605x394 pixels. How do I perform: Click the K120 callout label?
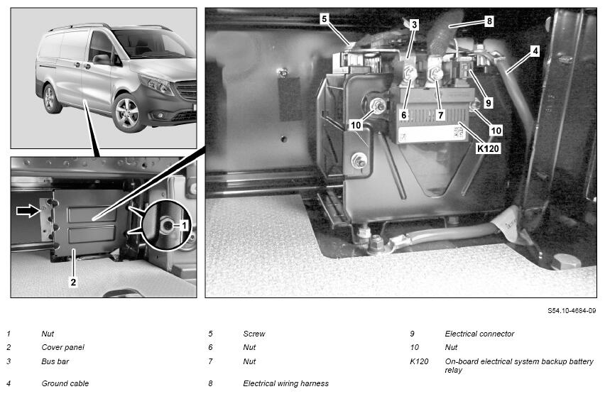(488, 148)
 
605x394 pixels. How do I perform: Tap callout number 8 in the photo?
(489, 21)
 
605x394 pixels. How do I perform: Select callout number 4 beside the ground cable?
(535, 50)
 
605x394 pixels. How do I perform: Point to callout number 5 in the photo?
(324, 18)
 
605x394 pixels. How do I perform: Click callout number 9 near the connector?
(489, 103)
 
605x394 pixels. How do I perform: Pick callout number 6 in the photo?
(403, 114)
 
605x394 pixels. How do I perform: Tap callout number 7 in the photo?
(441, 114)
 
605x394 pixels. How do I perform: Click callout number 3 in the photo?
(414, 25)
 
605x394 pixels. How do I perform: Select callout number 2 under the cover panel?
(73, 282)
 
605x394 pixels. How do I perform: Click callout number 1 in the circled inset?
(184, 225)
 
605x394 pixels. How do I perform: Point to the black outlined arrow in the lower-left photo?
(28, 211)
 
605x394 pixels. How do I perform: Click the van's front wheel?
(127, 113)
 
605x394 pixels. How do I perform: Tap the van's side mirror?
(102, 59)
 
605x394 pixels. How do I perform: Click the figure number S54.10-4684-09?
(572, 311)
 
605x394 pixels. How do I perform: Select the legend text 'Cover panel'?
(62, 347)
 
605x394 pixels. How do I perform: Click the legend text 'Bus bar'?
(55, 361)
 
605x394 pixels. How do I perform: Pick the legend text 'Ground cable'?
(65, 383)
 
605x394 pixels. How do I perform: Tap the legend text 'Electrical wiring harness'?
(286, 383)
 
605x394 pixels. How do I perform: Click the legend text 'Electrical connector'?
(479, 334)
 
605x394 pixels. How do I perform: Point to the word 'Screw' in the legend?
(254, 334)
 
